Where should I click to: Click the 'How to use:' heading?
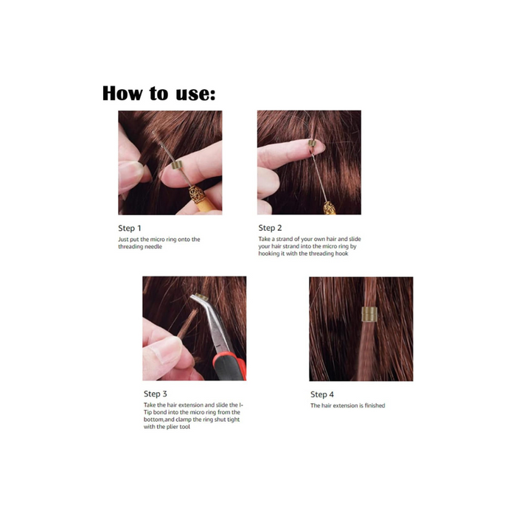point(159,93)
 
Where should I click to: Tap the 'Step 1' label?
point(130,228)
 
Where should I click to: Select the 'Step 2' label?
point(271,228)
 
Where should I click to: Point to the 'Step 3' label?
point(156,394)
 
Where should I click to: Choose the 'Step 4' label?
point(322,394)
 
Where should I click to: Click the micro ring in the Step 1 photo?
point(177,164)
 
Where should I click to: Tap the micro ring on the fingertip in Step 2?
point(312,143)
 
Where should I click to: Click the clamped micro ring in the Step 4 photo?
point(369,314)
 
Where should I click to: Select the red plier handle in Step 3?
point(230,366)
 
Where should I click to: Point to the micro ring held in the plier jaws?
point(201,297)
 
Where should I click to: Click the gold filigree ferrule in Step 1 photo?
point(198,195)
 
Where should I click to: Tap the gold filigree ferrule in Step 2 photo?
point(330,208)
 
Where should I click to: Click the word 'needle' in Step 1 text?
point(153,246)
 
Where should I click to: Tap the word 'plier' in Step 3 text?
point(172,427)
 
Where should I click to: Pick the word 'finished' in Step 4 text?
point(374,405)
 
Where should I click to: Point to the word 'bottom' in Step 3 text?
point(153,419)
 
